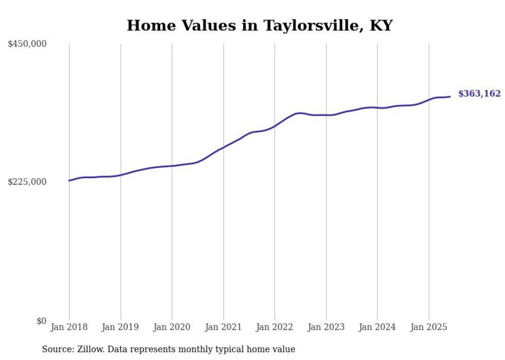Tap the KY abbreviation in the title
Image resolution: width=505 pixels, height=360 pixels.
click(380, 25)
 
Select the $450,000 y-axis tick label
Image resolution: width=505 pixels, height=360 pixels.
click(27, 44)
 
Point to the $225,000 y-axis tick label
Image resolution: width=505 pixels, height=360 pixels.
click(27, 182)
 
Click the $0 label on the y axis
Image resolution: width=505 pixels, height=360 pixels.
click(41, 321)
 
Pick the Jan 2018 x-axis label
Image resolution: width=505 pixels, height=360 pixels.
click(69, 327)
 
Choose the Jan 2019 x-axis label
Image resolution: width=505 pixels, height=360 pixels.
click(121, 327)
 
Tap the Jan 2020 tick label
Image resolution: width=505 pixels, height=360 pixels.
click(172, 327)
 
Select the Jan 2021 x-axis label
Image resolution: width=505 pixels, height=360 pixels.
click(223, 327)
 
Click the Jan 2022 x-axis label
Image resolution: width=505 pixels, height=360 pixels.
click(275, 327)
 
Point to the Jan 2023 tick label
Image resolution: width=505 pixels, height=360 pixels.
click(326, 327)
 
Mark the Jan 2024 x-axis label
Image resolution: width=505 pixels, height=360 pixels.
click(377, 327)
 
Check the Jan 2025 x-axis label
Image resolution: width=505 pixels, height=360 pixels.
click(429, 327)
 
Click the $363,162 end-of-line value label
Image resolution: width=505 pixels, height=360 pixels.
click(479, 94)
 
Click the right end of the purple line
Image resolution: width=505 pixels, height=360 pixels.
click(450, 96)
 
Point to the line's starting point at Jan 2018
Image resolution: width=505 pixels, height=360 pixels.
click(69, 180)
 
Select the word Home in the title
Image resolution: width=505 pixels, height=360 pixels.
click(147, 25)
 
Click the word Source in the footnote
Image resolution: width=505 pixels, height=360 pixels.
click(56, 349)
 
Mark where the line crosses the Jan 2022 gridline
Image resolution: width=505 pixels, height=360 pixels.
click(275, 126)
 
